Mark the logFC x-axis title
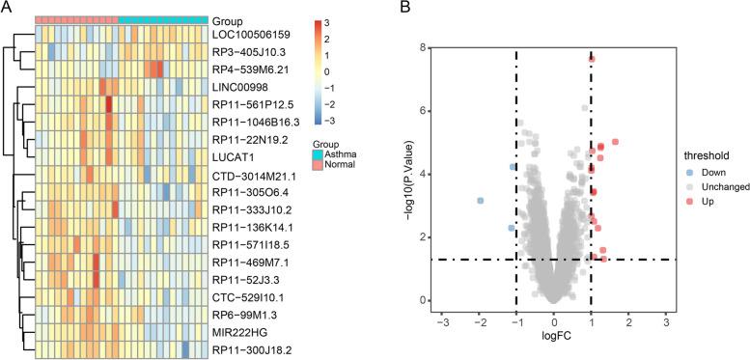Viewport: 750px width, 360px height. [553, 337]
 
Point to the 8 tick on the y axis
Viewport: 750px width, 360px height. [423, 46]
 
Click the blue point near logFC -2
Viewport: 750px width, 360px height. [480, 201]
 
